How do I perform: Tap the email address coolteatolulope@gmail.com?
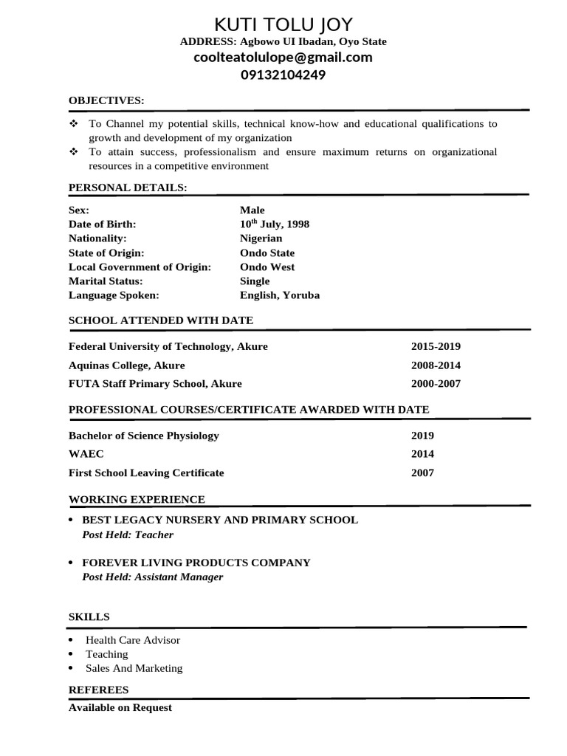point(283,58)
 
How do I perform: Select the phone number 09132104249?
point(283,75)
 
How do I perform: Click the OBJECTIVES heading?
point(106,100)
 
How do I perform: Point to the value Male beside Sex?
point(252,210)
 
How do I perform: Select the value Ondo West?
point(267,267)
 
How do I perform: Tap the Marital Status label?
point(106,281)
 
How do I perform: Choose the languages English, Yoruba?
point(280,295)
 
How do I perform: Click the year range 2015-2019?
point(436,346)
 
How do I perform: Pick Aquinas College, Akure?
point(126,365)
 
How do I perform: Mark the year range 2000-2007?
point(436,384)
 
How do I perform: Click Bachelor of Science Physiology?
point(143,436)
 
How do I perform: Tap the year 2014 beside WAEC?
point(422,454)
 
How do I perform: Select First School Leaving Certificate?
point(146,472)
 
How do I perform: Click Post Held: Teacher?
point(128,535)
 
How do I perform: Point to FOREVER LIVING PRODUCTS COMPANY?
point(196,563)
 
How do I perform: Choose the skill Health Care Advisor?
point(133,640)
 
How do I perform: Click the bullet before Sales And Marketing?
point(70,668)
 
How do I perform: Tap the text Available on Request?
point(120,707)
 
